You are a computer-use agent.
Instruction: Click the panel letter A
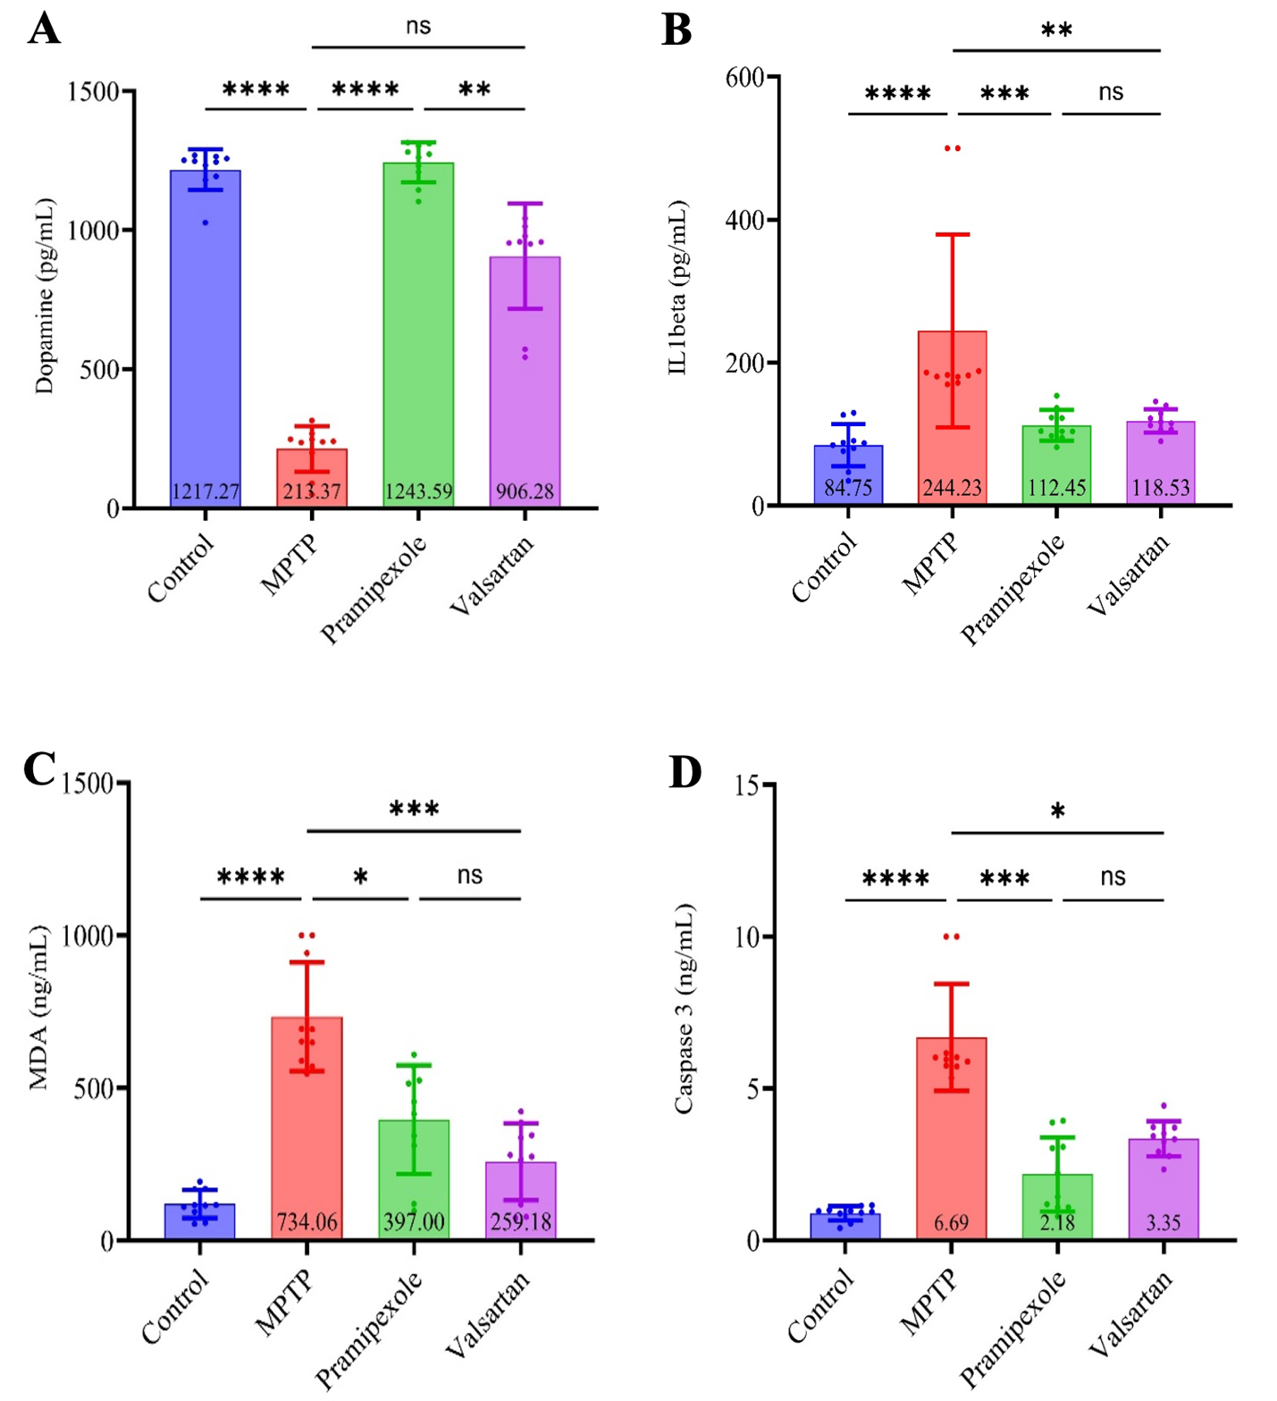tap(44, 29)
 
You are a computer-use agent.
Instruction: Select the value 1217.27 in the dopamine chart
tap(206, 491)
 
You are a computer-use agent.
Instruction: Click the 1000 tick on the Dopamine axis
tap(94, 231)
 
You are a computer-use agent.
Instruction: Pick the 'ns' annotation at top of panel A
tap(418, 27)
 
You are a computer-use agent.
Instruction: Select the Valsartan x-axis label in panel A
tap(491, 576)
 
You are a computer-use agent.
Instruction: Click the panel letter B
tap(676, 29)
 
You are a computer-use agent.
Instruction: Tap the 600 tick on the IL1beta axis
tap(745, 78)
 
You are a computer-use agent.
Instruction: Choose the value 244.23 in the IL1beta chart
tap(953, 488)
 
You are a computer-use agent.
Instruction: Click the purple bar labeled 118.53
tap(1161, 456)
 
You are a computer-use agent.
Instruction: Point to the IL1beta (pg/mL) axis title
tap(678, 288)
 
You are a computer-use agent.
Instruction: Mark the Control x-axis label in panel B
tap(824, 567)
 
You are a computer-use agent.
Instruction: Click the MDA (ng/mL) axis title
tap(38, 1008)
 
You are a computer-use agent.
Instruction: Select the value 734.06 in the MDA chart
tap(307, 1221)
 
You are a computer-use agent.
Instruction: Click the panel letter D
tap(685, 772)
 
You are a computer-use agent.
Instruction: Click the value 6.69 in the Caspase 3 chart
tap(952, 1222)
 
